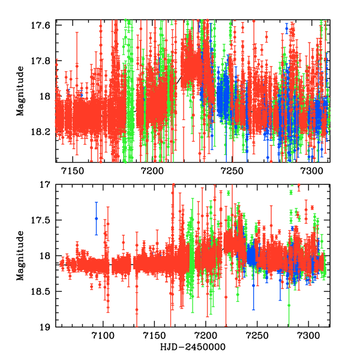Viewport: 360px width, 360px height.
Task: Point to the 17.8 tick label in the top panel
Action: tap(43, 60)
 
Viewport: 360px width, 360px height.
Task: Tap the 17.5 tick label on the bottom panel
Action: tap(43, 221)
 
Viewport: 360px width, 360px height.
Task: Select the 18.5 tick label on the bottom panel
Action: tap(43, 292)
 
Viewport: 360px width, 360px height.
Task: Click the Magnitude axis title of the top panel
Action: tap(20, 91)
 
